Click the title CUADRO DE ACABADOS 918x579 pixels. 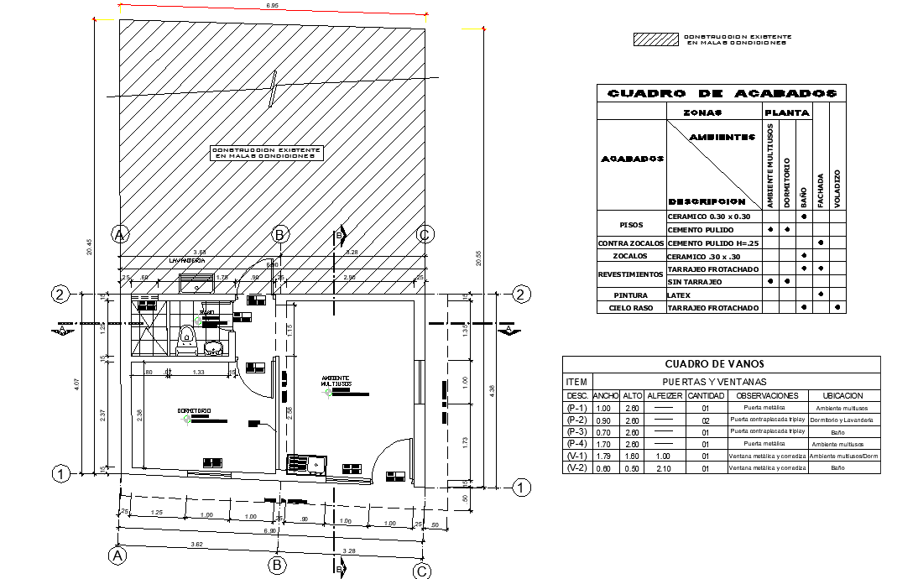click(722, 94)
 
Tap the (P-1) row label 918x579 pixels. click(576, 408)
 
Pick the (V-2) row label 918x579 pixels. click(576, 467)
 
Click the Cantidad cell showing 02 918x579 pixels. click(706, 420)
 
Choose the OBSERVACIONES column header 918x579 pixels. click(766, 395)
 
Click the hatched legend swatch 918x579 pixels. click(655, 39)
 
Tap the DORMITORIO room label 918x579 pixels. click(193, 410)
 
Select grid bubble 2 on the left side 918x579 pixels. click(60, 294)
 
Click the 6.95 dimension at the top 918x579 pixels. click(272, 7)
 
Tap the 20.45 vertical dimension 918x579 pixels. click(89, 246)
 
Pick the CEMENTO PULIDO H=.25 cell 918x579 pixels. click(712, 243)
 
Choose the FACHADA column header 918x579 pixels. click(821, 190)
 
